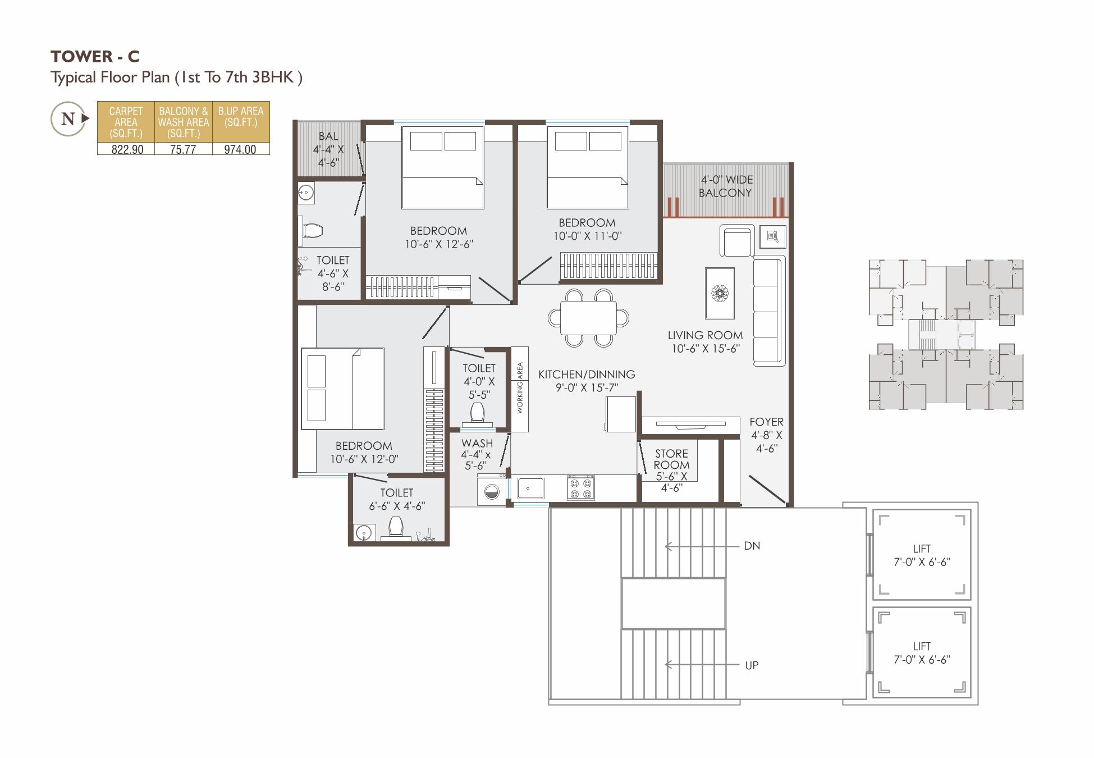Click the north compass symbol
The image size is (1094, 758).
tap(68, 118)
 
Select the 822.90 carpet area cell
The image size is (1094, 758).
tap(127, 149)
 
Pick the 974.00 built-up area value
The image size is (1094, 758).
tap(240, 149)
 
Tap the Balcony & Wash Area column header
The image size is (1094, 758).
tap(184, 122)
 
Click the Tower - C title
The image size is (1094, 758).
tap(95, 56)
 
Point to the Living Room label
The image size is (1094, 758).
tap(705, 341)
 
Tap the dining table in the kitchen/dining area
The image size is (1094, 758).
tap(588, 318)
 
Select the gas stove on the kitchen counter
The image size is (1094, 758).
tap(580, 487)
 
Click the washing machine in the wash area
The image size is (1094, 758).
tap(491, 491)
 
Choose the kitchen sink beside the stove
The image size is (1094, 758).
tap(530, 488)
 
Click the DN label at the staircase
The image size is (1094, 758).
tap(752, 546)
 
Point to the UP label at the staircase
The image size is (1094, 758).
tap(752, 665)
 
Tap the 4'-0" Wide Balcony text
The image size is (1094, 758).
tap(726, 186)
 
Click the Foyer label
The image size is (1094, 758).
tap(766, 435)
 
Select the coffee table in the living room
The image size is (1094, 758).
tap(720, 293)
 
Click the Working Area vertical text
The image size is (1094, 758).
tap(520, 388)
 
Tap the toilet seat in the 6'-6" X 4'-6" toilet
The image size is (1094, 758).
tap(396, 527)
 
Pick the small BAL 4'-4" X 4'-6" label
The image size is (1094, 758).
tap(328, 149)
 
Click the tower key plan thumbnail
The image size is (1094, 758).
tap(946, 335)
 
